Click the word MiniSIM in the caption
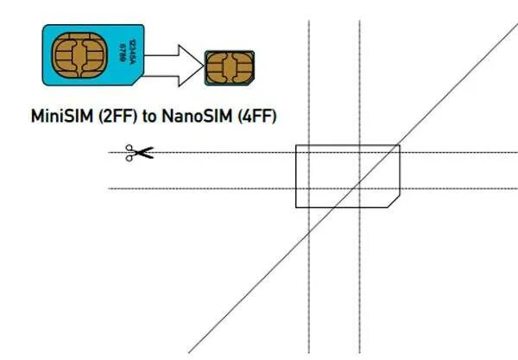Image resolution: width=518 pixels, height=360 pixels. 65,115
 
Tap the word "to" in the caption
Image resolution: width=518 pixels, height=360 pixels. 151,116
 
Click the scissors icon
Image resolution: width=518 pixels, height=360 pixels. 138,154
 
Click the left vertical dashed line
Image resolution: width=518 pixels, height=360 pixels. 309,259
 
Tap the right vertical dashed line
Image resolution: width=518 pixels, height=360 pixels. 359,259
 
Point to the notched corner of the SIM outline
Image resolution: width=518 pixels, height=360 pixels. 394,201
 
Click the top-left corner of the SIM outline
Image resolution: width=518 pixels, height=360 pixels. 296,145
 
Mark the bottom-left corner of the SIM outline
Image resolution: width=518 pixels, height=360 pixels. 296,207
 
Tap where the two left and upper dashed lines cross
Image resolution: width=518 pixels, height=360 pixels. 309,153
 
